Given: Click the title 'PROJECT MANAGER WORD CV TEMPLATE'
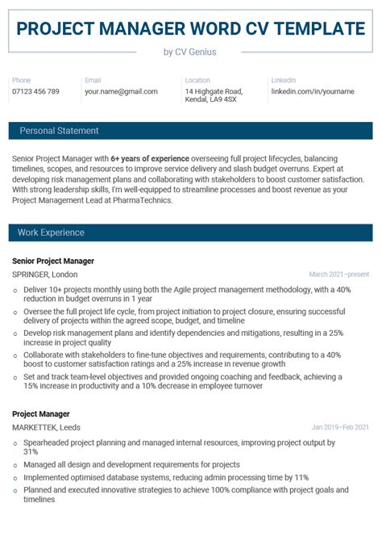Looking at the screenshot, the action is (x=191, y=29).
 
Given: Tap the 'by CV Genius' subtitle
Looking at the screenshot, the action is (x=190, y=52).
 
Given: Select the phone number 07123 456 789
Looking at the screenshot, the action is (x=35, y=91).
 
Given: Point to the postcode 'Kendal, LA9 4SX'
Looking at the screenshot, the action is (x=210, y=99).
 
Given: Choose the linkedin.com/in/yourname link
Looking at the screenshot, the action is (x=312, y=91).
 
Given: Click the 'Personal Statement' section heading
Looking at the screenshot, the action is (x=59, y=131).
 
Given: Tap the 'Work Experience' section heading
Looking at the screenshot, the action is (x=52, y=233).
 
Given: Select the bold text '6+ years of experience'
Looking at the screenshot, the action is (x=150, y=158).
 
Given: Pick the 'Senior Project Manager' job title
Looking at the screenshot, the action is (x=53, y=261).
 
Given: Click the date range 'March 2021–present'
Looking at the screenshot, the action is (x=338, y=275).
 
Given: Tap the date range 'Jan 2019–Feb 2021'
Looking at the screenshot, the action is (x=340, y=427).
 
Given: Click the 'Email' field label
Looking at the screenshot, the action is (x=93, y=81).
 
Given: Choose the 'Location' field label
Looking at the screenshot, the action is (x=197, y=81).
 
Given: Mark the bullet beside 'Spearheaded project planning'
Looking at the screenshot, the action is (x=15, y=443).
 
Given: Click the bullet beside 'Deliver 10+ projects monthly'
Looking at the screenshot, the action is (x=15, y=288).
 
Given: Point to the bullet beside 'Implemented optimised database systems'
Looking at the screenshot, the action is (x=15, y=478).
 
